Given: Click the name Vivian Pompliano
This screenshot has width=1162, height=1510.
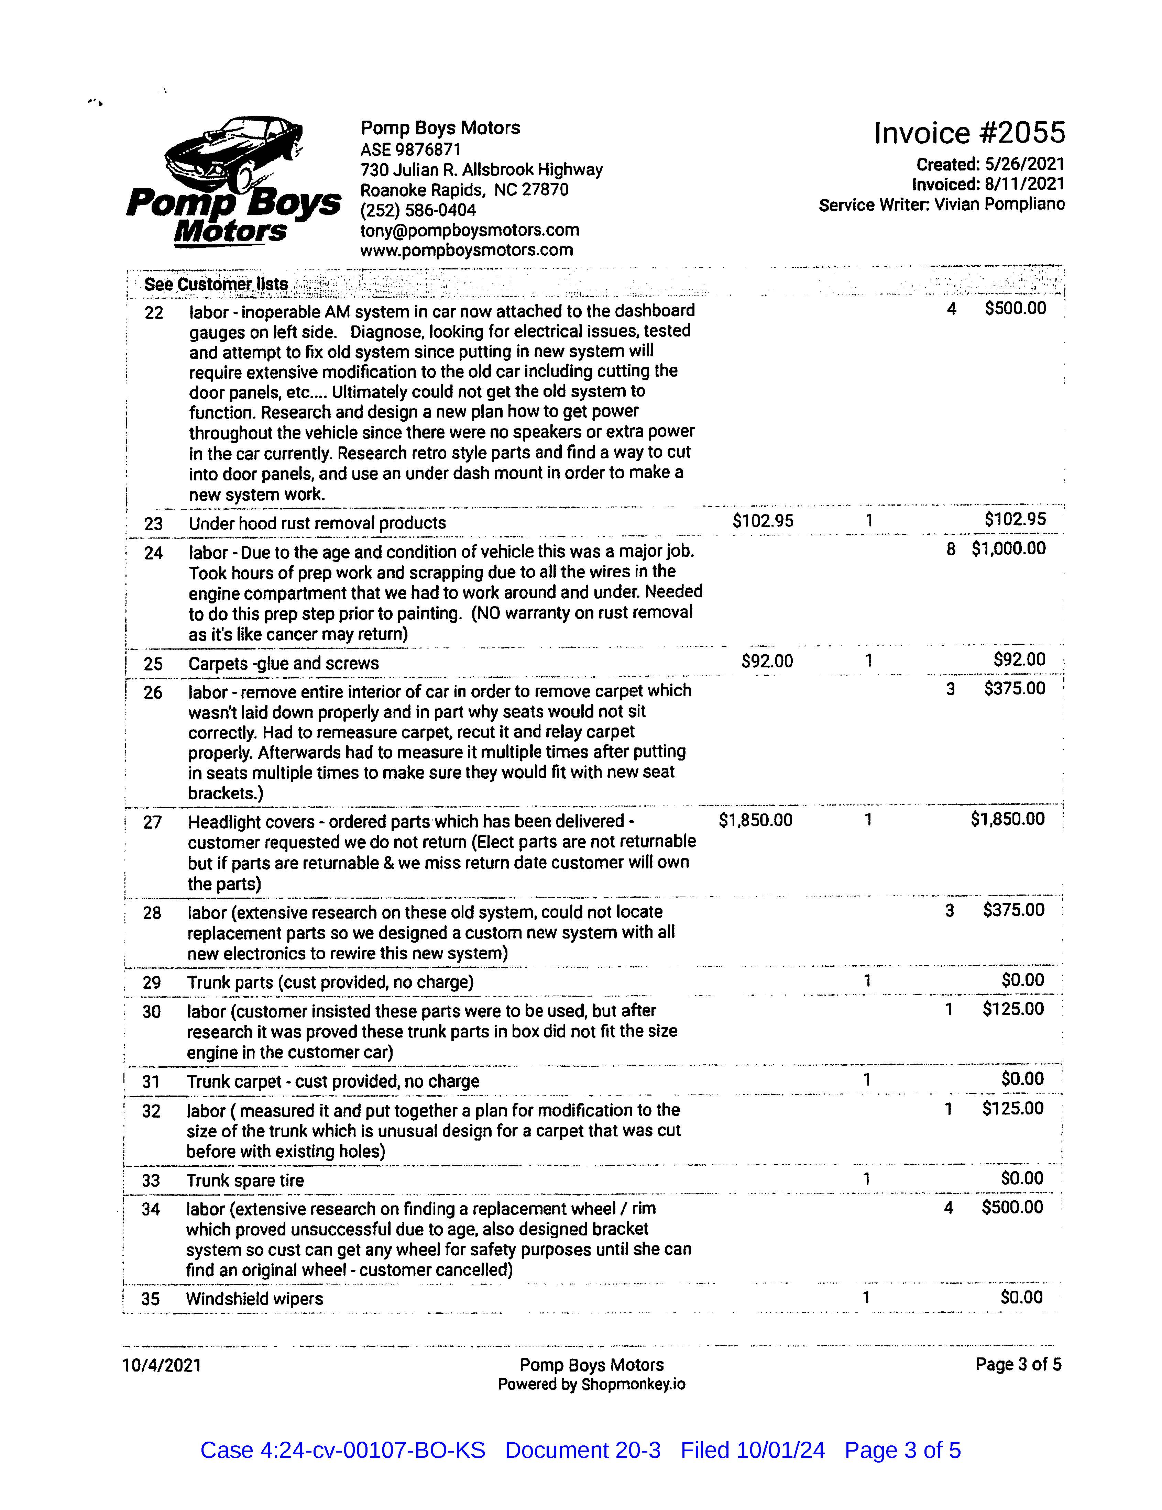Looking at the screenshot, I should (x=999, y=205).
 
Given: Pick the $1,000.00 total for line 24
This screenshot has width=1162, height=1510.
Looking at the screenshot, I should (x=1008, y=549).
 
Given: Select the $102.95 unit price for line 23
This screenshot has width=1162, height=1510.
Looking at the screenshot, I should (x=763, y=521).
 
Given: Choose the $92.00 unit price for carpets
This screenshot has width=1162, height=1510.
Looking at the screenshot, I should (x=767, y=661).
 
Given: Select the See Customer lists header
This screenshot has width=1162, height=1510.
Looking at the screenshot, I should (x=216, y=284).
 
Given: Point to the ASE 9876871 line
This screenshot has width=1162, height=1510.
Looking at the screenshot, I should (x=411, y=149).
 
